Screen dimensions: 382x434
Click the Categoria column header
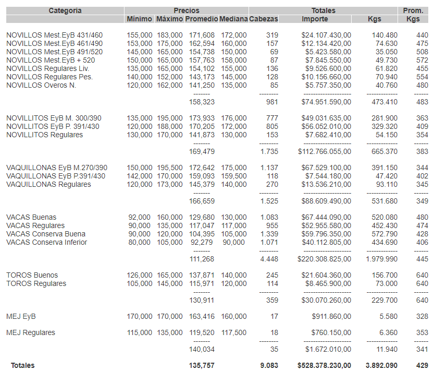coord(65,10)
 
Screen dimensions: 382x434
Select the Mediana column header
coord(233,19)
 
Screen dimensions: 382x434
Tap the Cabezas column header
coord(264,19)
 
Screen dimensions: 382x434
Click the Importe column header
coord(315,19)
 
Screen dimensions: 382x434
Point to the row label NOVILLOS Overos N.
coord(41,85)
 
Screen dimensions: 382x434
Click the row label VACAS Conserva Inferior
coord(46,242)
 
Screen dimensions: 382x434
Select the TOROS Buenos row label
coord(32,275)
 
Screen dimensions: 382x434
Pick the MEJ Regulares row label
coord(31,332)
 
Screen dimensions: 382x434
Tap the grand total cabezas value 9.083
coord(269,365)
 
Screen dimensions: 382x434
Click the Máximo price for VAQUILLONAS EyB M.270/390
coord(169,168)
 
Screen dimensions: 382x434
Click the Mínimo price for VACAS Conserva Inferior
coord(140,242)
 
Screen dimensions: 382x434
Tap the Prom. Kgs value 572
coord(422,60)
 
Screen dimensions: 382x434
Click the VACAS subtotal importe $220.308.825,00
coord(324,259)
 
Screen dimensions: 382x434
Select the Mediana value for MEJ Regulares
coord(233,332)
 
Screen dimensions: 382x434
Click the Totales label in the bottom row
coord(23,365)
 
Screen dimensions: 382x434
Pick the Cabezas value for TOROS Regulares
coord(271,283)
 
